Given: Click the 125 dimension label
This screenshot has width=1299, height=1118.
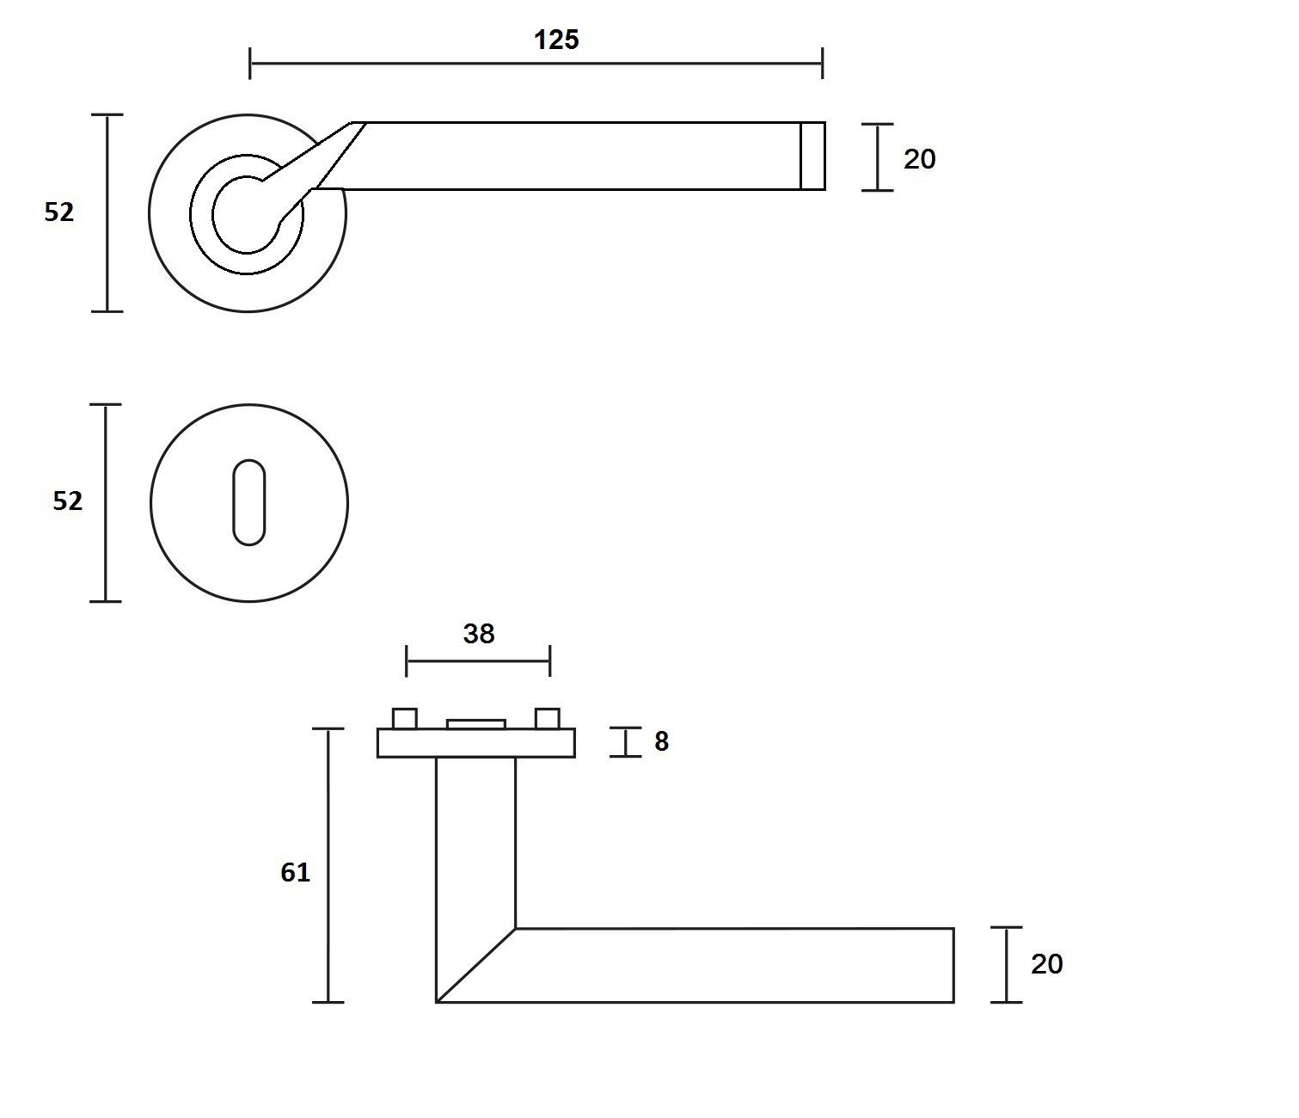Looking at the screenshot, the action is click(556, 40).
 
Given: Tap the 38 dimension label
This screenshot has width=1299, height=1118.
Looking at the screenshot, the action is click(479, 633).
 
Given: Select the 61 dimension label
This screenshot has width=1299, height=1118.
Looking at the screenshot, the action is click(295, 872).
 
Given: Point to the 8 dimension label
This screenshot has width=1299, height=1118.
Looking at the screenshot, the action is click(661, 741).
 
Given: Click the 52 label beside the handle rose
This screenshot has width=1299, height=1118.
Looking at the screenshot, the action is click(59, 212).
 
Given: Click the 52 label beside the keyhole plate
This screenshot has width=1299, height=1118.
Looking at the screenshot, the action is click(67, 501).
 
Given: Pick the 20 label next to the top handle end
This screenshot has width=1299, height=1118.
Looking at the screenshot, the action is click(919, 159).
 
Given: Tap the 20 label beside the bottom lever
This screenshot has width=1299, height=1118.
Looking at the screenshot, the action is click(1046, 964).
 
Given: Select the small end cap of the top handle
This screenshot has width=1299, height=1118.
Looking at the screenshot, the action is click(812, 156).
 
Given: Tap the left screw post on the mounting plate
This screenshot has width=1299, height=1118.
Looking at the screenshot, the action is click(405, 718).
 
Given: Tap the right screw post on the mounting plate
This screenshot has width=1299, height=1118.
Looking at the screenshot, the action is click(548, 718).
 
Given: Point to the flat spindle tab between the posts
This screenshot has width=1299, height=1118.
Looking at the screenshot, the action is click(475, 724).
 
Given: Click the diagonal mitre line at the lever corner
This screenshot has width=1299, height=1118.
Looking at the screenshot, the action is click(475, 965).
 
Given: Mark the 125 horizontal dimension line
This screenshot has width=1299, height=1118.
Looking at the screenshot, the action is click(536, 64).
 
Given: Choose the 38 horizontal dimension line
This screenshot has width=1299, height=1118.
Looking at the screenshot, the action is click(478, 660).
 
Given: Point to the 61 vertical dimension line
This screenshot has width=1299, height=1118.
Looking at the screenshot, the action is click(328, 865).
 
